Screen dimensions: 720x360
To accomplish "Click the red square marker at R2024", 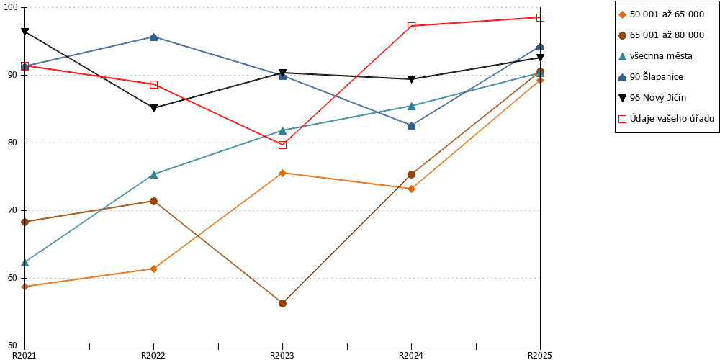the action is pos(411,26).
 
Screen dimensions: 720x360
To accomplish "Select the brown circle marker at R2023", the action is pos(282,304).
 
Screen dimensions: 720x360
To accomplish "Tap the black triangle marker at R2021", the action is pos(24,32).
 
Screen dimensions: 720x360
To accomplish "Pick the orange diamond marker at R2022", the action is pos(154,269).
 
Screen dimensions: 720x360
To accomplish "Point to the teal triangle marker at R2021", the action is pos(24,262).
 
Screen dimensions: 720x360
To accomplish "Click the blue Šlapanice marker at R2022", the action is pos(154,37).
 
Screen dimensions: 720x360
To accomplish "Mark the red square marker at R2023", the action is pos(282,145).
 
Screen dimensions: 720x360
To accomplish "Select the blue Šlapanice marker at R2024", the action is pos(411,126).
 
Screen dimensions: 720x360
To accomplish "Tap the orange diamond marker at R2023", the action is pos(282,173).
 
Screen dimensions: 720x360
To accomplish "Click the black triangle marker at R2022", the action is pos(154,109).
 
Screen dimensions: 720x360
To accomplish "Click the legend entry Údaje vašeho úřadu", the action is pos(666,119).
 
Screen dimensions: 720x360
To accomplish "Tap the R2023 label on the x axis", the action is pos(282,355).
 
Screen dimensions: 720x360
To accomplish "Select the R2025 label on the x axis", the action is pos(539,355).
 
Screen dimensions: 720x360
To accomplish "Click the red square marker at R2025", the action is pos(541,17).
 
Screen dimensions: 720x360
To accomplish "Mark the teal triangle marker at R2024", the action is pos(411,106).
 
